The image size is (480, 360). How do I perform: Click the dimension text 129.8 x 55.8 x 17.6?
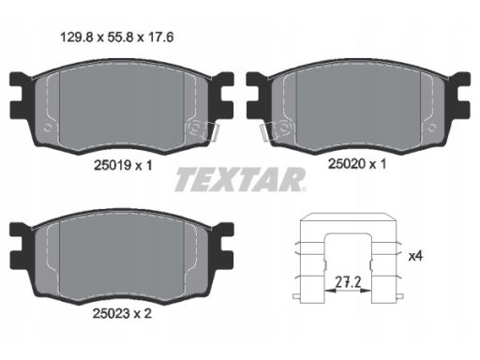pyautogui.click(x=116, y=37)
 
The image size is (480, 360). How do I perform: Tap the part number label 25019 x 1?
pyautogui.click(x=123, y=165)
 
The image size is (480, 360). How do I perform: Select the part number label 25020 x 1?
pyautogui.click(x=357, y=164)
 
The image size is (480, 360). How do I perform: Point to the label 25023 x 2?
pyautogui.click(x=122, y=313)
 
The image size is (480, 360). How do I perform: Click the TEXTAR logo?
pyautogui.click(x=240, y=179)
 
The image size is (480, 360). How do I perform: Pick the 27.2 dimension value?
pyautogui.click(x=348, y=282)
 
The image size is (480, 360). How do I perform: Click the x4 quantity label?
pyautogui.click(x=415, y=256)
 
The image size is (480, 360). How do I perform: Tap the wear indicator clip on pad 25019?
pyautogui.click(x=211, y=131)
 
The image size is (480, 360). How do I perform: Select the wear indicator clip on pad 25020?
pyautogui.click(x=269, y=131)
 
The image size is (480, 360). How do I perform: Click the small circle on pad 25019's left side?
pyautogui.click(x=48, y=127)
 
